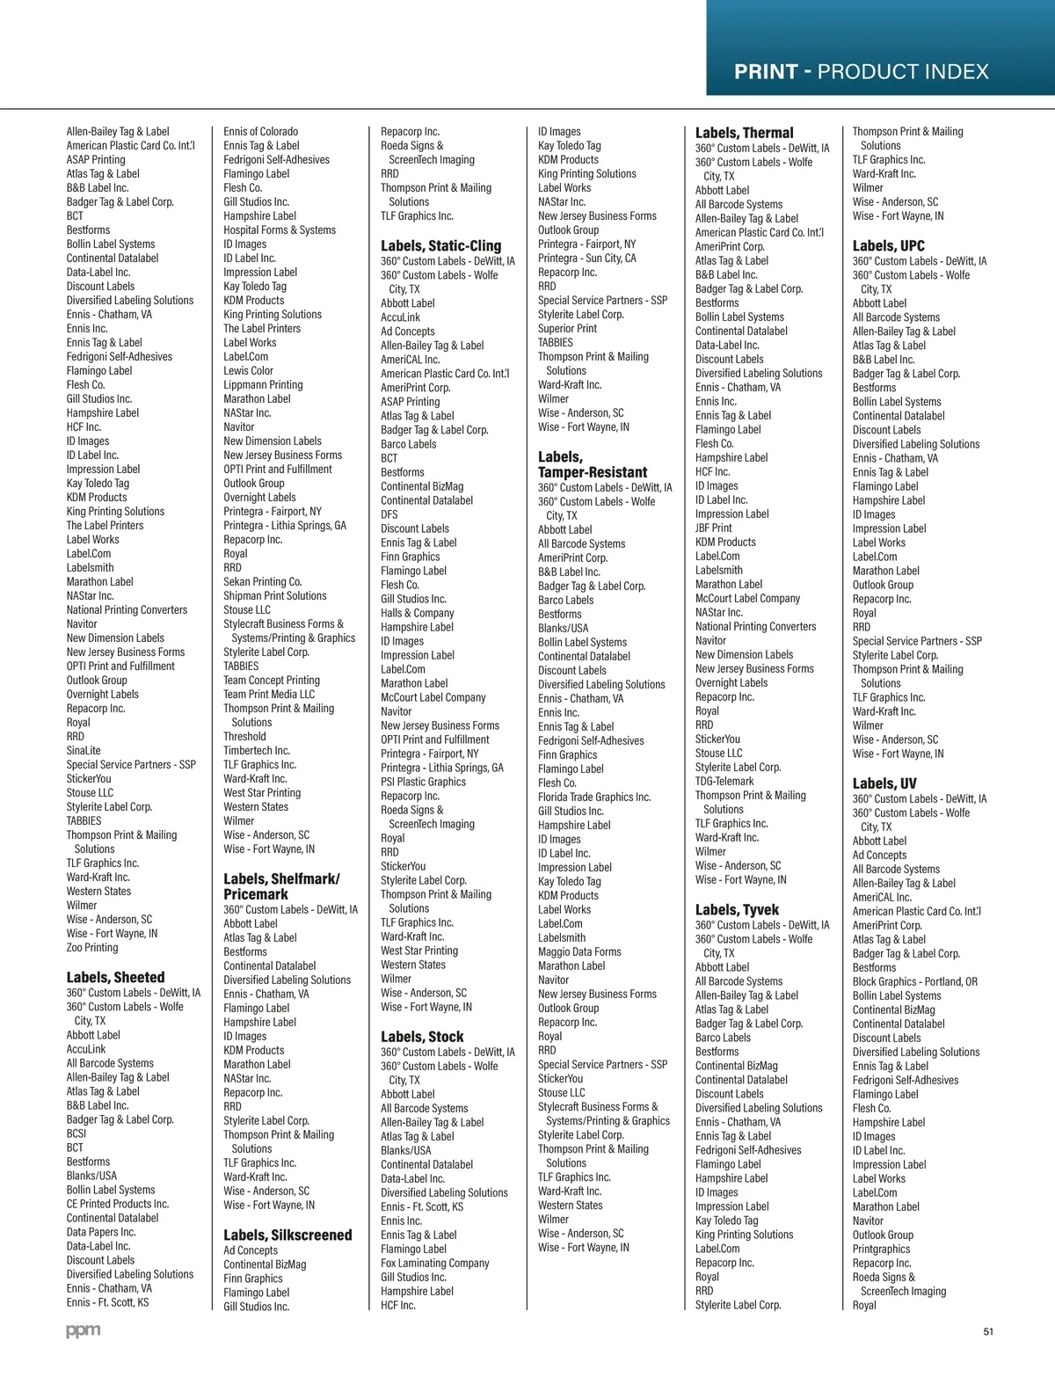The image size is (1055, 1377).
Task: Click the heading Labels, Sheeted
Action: click(115, 977)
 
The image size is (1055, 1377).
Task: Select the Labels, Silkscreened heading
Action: click(287, 1235)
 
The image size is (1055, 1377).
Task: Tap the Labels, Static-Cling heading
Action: click(440, 246)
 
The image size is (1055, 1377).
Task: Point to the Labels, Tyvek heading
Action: click(737, 910)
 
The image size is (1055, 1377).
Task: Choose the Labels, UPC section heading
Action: click(888, 246)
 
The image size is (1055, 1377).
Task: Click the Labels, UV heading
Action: click(884, 783)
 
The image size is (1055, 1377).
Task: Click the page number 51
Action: click(988, 1331)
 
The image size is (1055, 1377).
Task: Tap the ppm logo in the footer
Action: click(84, 1331)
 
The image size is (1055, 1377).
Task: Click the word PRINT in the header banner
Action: click(766, 72)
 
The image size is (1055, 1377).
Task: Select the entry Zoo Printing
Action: click(92, 948)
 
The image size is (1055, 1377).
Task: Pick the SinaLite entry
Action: click(84, 751)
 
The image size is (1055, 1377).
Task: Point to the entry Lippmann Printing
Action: click(263, 385)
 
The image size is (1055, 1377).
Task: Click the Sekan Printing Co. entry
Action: click(262, 582)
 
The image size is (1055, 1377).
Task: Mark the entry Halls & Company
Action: click(418, 614)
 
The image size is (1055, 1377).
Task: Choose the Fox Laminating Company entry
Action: click(434, 1264)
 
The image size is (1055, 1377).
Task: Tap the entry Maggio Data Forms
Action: click(579, 952)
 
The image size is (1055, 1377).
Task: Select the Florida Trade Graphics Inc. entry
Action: click(594, 798)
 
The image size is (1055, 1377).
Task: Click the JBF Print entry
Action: click(713, 528)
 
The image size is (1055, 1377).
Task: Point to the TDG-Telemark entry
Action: click(724, 782)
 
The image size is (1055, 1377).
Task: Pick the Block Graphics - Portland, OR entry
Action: click(914, 982)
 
